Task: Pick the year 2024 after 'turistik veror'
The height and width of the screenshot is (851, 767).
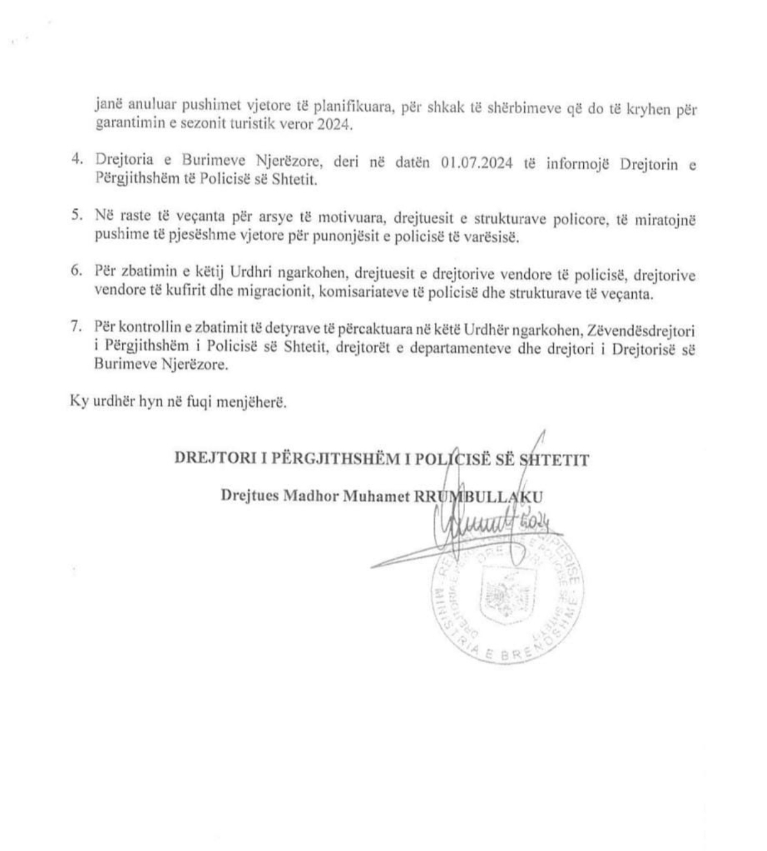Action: (333, 125)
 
